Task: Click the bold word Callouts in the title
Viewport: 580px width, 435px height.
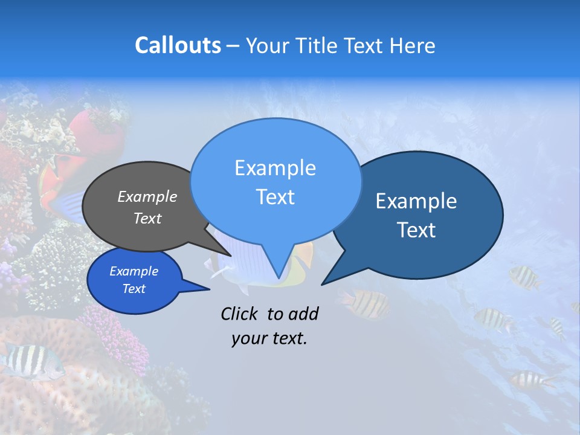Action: coord(178,45)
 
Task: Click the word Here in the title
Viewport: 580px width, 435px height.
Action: coord(413,45)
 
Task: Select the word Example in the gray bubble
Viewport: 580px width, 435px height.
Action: coord(147,196)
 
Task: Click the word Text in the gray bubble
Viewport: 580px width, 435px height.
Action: coord(147,218)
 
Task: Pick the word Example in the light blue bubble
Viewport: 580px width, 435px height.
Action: coord(275,168)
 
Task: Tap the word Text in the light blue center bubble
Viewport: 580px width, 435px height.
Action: coord(275,197)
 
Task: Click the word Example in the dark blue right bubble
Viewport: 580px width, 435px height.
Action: coord(416,201)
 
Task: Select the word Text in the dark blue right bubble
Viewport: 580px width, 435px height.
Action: coord(416,230)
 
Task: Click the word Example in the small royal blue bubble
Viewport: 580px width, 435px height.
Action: coord(134,271)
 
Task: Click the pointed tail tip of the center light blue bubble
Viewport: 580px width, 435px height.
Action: coord(279,278)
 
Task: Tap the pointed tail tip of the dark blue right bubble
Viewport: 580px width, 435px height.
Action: coord(322,284)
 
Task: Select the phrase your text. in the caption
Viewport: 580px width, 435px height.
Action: coord(269,339)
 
